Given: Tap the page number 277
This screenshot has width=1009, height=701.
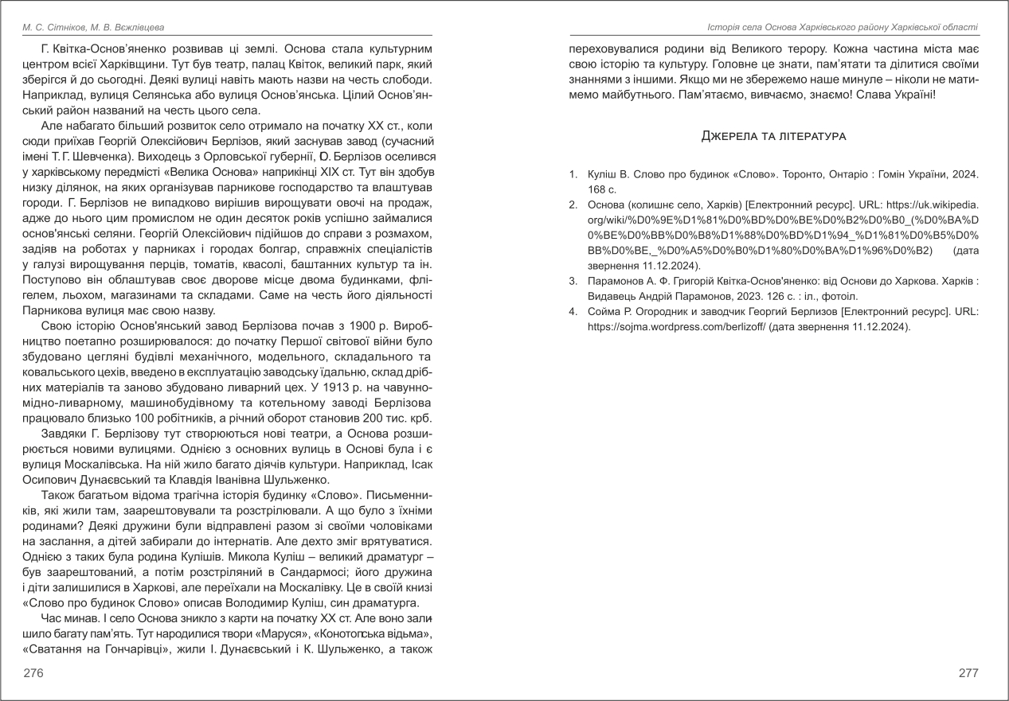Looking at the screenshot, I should tap(968, 673).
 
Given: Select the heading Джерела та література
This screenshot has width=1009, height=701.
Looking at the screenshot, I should tap(773, 136).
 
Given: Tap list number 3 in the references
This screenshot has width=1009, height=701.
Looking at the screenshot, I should tap(573, 280).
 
